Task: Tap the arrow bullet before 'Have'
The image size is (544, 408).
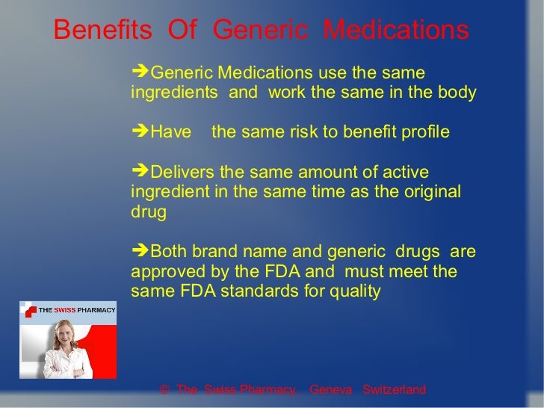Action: (139, 132)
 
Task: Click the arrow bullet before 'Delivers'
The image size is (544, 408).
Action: (139, 172)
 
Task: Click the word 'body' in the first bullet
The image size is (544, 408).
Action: (458, 93)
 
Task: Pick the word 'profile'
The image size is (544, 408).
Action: (424, 133)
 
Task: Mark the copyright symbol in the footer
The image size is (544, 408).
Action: (164, 390)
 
